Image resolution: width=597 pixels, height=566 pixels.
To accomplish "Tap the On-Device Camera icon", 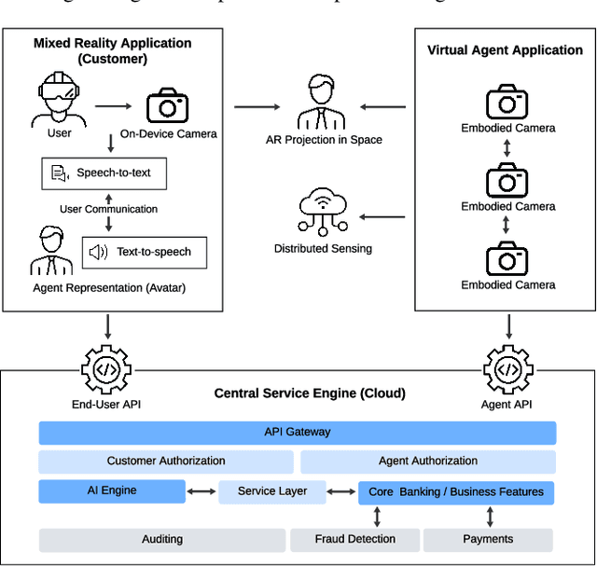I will point(168,106).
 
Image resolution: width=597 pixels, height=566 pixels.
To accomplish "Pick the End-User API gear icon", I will point(108,369).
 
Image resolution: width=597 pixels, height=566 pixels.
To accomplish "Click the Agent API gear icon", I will point(508,369).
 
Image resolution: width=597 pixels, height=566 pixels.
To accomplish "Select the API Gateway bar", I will point(297,433).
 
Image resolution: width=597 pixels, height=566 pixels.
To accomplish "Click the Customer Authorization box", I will point(165,462).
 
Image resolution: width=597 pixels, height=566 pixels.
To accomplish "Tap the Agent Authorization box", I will point(427,462).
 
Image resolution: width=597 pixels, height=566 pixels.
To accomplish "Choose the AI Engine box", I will point(112,491).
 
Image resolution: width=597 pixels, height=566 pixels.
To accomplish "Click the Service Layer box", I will point(272,491).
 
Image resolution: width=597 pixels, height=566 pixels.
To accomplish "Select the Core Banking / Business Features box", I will point(456,492).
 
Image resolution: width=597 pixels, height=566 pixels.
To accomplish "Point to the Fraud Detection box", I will point(354,540).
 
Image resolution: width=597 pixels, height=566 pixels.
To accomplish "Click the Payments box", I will point(488,540).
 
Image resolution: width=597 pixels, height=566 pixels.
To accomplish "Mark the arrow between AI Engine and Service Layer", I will point(201,491).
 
